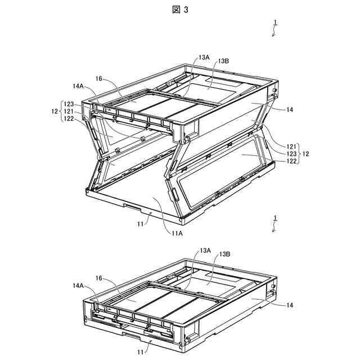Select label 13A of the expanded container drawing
(204, 57)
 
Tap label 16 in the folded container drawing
(98, 278)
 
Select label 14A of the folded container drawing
(78, 286)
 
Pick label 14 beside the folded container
(290, 305)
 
